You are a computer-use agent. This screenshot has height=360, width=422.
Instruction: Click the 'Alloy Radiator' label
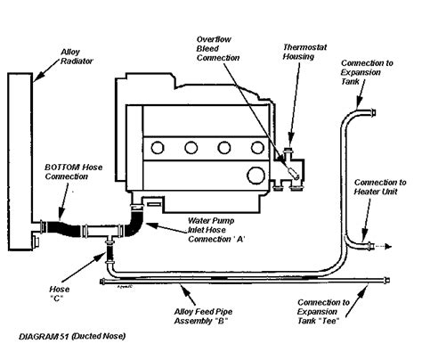tap(77, 57)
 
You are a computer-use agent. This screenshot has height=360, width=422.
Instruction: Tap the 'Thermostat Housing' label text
tap(304, 52)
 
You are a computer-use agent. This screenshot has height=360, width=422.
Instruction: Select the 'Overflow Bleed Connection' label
tap(218, 49)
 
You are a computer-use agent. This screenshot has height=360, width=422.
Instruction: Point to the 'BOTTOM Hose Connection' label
tap(74, 172)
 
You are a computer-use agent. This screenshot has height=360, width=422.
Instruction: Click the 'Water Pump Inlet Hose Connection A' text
tap(216, 230)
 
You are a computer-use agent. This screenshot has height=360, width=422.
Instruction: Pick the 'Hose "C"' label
tap(60, 293)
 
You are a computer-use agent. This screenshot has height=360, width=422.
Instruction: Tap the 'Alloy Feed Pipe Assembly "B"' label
tap(203, 316)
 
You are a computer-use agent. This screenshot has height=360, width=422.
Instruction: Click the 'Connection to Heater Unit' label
tap(380, 187)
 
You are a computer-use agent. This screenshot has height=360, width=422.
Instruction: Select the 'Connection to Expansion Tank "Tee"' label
tap(323, 312)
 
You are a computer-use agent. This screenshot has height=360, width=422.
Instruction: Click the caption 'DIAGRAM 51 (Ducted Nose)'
tap(72, 337)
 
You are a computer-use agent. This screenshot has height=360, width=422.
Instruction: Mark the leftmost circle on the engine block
tap(158, 148)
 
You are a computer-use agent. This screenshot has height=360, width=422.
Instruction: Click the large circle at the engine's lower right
tap(256, 176)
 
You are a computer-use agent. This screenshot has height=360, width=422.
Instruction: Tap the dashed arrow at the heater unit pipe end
tap(383, 246)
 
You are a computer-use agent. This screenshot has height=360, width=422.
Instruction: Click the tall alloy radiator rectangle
tap(20, 162)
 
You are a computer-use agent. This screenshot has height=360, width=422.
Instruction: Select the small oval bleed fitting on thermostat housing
tap(294, 174)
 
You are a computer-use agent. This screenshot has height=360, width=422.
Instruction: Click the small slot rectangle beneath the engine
tap(154, 204)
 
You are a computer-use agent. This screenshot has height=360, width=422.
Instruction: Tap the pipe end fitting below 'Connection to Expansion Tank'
tap(373, 112)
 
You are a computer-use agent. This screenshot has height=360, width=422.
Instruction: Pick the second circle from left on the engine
tap(191, 148)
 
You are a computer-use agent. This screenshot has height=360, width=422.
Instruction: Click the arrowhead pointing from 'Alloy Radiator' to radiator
tap(37, 78)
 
